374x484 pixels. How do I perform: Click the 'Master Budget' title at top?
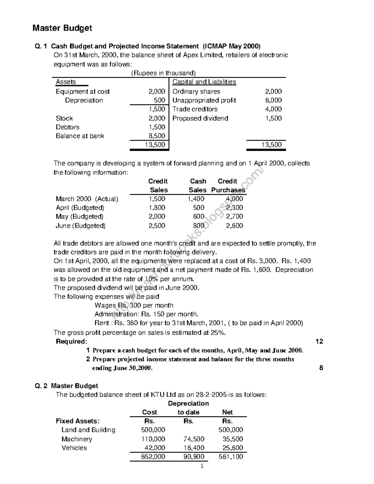[x=62, y=28]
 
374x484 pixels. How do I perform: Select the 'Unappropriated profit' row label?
[x=204, y=100]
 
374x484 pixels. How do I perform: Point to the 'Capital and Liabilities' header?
[x=204, y=82]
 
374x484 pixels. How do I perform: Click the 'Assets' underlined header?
[x=66, y=82]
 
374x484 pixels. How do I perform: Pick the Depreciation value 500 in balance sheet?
[x=160, y=100]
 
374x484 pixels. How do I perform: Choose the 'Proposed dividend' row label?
[x=200, y=118]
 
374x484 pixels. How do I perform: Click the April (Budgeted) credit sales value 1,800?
[x=157, y=208]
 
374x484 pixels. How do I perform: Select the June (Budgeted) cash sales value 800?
[x=199, y=226]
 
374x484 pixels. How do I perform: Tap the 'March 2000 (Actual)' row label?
[x=87, y=199]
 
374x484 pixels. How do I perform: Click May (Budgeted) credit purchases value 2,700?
[x=234, y=217]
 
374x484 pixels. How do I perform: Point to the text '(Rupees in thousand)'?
[x=163, y=73]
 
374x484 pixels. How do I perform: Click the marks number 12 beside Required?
[x=319, y=342]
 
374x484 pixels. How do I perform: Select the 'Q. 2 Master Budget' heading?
[x=66, y=386]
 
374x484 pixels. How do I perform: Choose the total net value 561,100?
[x=231, y=457]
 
